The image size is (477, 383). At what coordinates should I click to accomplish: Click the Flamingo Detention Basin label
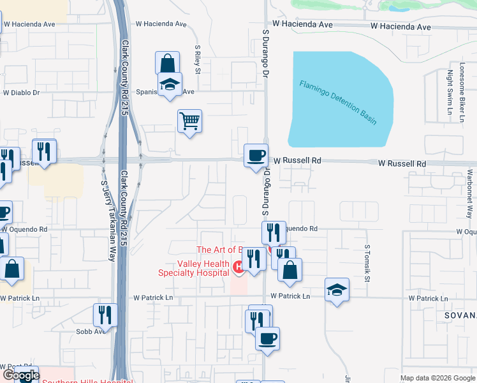tap(338, 101)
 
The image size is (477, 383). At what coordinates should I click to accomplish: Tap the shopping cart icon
tap(189, 120)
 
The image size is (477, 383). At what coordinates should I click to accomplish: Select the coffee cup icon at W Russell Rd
tap(256, 156)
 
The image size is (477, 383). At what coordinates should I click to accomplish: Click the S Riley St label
tap(198, 59)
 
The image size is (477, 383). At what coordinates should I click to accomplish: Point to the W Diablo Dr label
tap(21, 93)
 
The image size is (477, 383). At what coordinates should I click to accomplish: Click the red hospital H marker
tap(238, 266)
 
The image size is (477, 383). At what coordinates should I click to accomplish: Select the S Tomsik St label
tap(367, 263)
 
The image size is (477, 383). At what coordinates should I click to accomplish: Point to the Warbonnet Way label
tap(469, 194)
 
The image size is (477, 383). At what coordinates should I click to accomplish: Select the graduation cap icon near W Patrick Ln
tap(337, 290)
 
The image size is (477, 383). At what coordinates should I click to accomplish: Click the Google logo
tap(21, 375)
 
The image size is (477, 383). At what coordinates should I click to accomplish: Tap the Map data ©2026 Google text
tap(437, 378)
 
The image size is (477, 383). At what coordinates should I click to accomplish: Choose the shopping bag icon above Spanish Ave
tap(167, 64)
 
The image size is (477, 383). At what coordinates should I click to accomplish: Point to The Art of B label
tap(220, 250)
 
